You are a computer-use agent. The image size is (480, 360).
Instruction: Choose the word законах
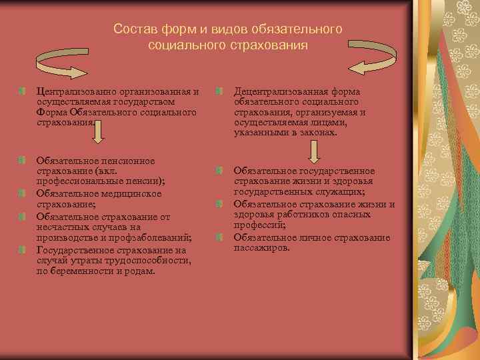coord(319,133)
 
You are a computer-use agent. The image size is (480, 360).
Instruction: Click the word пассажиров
coord(262,248)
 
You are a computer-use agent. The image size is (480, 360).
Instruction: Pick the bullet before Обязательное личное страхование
coord(218,238)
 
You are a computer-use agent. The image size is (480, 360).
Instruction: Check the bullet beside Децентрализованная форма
coord(218,91)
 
